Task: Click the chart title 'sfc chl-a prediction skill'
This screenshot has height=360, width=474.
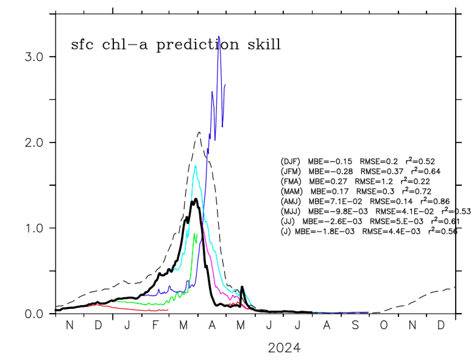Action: pos(176,44)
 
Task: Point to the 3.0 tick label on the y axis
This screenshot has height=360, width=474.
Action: pos(34,57)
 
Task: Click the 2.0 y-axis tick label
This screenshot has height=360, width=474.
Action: pos(34,143)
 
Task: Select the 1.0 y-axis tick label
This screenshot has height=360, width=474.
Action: pos(34,228)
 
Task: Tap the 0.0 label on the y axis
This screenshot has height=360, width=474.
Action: pos(34,314)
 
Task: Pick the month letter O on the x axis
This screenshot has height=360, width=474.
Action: pos(384,325)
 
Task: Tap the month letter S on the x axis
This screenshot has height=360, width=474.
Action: pos(355,325)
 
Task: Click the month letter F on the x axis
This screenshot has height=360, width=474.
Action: pos(155,325)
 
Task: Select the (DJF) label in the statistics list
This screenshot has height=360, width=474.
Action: pos(290,161)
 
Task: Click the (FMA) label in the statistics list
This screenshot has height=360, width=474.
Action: pos(291,182)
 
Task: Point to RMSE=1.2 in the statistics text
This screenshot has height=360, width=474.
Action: pos(374,182)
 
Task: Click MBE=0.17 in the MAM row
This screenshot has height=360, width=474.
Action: pos(329,192)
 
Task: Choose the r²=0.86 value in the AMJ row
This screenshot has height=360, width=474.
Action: pos(435,201)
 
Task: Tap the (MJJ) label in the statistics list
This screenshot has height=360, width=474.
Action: pos(290,211)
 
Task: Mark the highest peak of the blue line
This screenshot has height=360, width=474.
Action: pos(219,37)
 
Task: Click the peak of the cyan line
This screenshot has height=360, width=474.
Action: pos(195,166)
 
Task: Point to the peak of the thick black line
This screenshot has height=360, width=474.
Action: pos(196,199)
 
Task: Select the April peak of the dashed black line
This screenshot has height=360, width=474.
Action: pos(199,132)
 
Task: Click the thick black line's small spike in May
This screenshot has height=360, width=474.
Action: pos(242,287)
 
